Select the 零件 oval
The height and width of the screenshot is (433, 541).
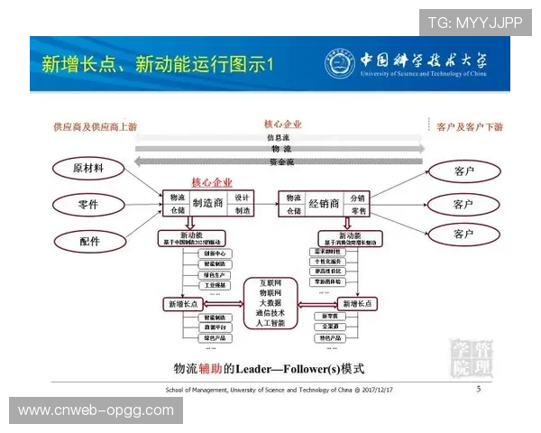click(x=88, y=205)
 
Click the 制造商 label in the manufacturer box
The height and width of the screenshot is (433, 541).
click(x=207, y=203)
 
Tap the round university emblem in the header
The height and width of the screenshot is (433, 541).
click(x=339, y=62)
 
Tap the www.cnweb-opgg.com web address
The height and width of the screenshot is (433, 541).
click(x=96, y=410)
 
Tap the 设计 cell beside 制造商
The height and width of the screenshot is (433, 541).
click(x=243, y=197)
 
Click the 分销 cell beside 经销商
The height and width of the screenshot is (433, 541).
click(x=358, y=198)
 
